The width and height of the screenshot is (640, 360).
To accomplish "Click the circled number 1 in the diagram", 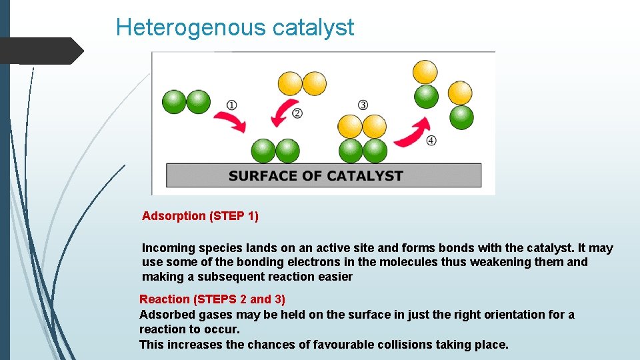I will (x=231, y=105).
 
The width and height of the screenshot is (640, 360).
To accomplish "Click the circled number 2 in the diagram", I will (x=297, y=113).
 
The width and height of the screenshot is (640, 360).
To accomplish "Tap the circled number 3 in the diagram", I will (x=363, y=105).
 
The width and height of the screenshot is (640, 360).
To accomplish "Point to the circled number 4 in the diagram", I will (x=431, y=140).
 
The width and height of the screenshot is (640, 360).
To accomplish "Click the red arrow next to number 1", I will (x=229, y=121).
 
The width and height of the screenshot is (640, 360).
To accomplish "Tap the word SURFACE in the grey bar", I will (x=262, y=176).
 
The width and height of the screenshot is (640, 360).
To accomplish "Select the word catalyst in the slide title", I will (x=313, y=27).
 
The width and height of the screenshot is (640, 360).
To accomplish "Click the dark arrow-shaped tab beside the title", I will (x=42, y=50).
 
